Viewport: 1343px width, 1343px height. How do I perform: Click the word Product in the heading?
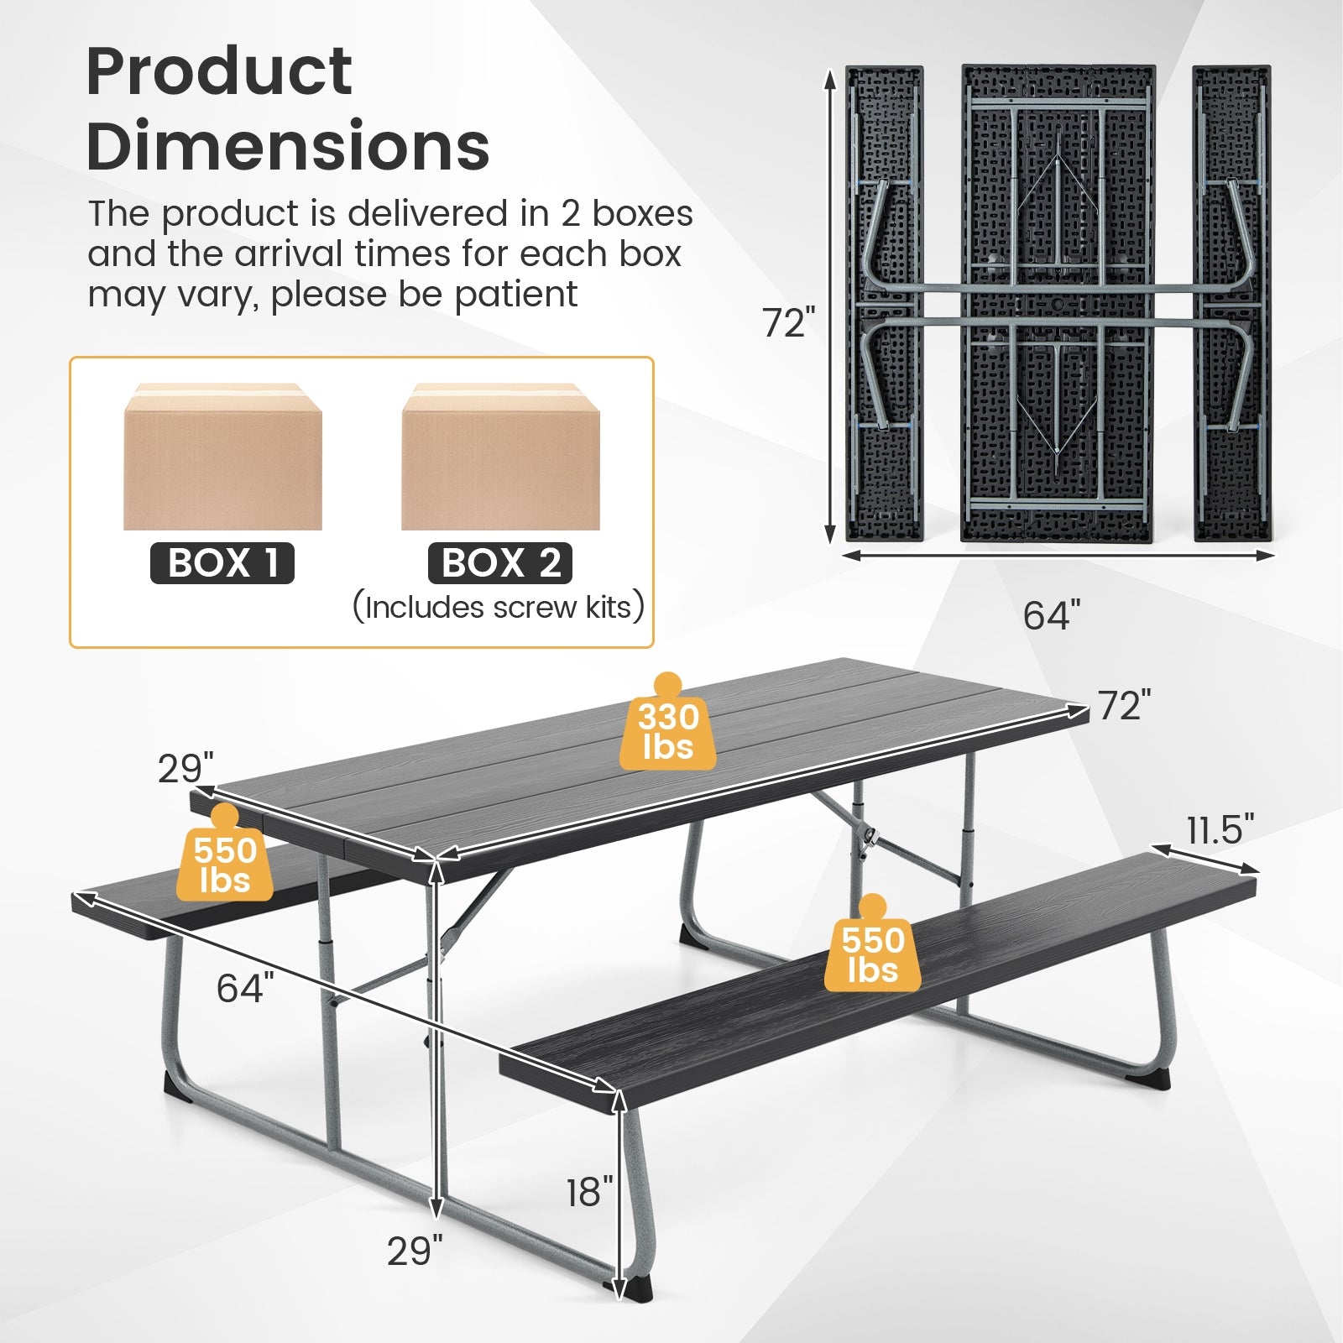219,72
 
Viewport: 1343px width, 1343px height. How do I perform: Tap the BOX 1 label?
222,563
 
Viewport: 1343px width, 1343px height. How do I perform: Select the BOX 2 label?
500,563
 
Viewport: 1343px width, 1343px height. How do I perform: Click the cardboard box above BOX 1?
222,457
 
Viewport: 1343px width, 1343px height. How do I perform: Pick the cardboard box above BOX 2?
500,457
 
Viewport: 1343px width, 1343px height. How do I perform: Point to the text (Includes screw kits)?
499,607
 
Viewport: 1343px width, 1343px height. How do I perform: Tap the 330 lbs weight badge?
668,731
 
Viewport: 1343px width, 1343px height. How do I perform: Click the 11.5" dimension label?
1220,830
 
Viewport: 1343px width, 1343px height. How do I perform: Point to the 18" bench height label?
589,1192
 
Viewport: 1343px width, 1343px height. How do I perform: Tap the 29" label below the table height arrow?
415,1252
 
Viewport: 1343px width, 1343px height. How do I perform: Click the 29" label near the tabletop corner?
186,769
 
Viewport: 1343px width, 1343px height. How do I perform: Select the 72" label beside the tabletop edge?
1124,706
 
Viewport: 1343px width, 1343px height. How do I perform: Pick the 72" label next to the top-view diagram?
788,323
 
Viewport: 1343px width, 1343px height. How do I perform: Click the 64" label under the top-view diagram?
1052,616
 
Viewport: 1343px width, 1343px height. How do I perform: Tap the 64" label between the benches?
245,988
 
